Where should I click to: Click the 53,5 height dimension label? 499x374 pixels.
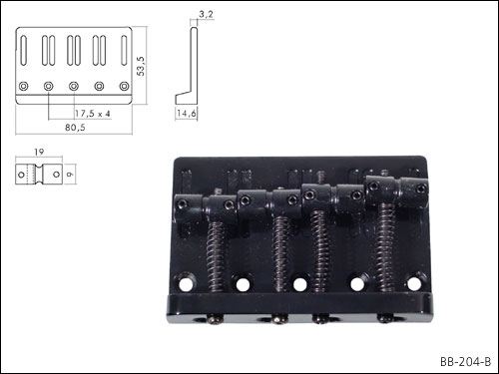click(141, 66)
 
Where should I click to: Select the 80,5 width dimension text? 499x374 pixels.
click(75, 128)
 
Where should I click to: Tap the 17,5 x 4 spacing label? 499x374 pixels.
click(92, 114)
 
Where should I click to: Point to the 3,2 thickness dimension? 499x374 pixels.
click(206, 14)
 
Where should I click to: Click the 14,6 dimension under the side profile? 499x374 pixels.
click(187, 114)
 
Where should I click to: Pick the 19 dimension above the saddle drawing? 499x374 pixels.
click(39, 152)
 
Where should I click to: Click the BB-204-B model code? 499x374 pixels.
click(465, 362)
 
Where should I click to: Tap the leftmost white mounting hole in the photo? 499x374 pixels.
click(186, 284)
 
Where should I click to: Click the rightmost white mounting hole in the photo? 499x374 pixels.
click(414, 283)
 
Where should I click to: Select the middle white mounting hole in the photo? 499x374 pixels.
click(299, 284)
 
